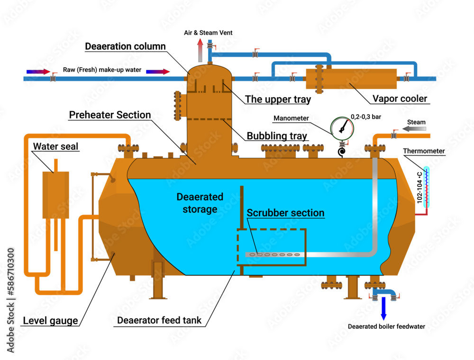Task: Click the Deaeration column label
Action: click(x=125, y=46)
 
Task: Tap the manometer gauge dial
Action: click(x=341, y=127)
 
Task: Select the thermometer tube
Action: click(x=426, y=188)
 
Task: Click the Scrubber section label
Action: click(x=285, y=213)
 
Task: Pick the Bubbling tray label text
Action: click(x=277, y=136)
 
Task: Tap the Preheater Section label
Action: click(x=110, y=115)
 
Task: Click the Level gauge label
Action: click(x=50, y=321)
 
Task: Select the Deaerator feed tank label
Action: click(x=159, y=320)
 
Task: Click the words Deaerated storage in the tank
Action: click(x=200, y=203)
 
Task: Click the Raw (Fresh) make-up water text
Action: click(x=102, y=70)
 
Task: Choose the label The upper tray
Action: click(x=278, y=99)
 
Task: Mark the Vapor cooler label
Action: click(x=400, y=99)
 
